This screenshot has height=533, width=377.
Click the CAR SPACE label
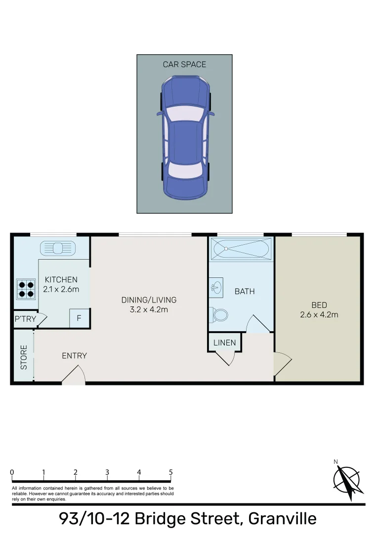click(184, 64)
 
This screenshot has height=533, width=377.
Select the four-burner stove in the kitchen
click(26, 289)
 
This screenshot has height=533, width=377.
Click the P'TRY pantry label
click(25, 319)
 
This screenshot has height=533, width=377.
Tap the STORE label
click(23, 357)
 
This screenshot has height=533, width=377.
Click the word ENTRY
click(74, 355)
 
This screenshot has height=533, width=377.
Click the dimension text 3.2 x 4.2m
click(149, 309)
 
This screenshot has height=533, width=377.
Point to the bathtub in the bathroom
click(241, 249)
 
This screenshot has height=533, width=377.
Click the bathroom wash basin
click(216, 287)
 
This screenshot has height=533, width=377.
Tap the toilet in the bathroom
click(219, 314)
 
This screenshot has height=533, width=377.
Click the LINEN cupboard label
click(224, 343)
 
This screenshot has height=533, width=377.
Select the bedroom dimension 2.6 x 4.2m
click(319, 314)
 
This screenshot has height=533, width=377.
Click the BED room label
click(319, 305)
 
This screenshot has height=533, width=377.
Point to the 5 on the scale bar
click(170, 472)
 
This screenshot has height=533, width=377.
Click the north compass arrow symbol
click(348, 480)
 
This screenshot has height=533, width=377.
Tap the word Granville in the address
click(282, 519)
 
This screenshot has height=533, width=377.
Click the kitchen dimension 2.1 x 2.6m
click(61, 289)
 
